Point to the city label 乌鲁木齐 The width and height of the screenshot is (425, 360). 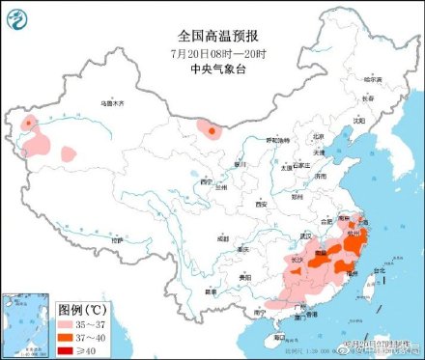point(114,101)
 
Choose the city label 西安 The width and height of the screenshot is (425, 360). point(260,204)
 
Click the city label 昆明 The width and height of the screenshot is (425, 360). point(210,289)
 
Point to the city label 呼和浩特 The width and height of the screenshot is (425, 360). point(277,141)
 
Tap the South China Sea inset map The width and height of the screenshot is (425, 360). point(27,323)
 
